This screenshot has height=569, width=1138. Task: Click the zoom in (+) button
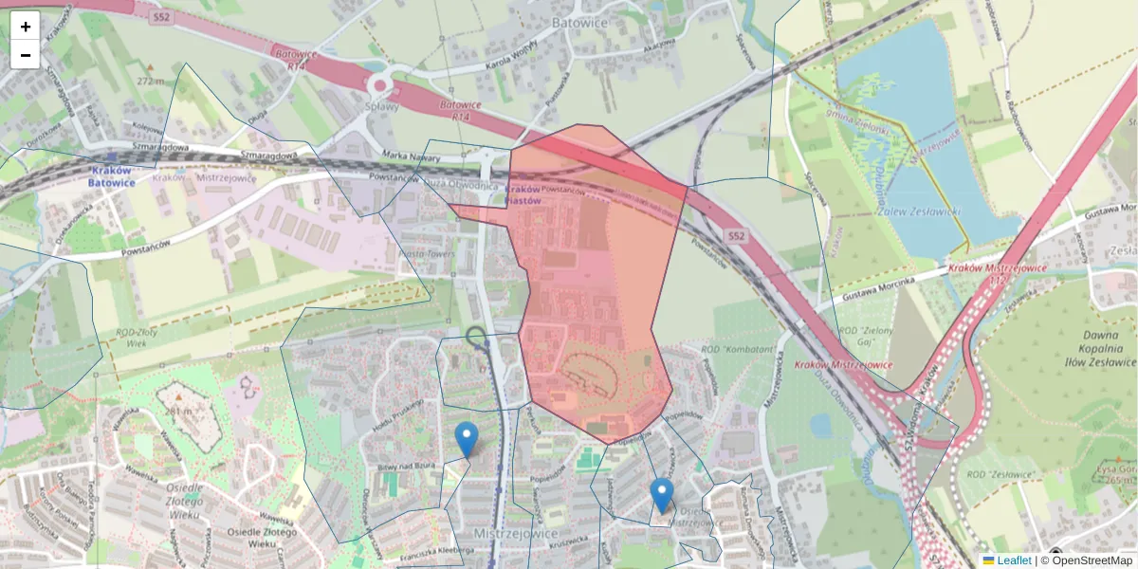point(25,26)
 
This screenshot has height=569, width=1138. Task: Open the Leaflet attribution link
point(1013,560)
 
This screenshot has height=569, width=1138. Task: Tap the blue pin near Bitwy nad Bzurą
point(467,438)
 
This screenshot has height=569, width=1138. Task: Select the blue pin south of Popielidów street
point(662,495)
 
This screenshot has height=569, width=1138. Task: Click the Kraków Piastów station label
point(523,194)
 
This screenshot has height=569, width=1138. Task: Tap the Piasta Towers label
point(427,254)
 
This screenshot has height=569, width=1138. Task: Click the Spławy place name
point(381,106)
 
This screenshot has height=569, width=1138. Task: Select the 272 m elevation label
point(150,81)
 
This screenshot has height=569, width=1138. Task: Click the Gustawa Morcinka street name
point(873,288)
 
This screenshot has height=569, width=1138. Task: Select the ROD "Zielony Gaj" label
point(866,336)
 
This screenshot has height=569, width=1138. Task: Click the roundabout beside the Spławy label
point(380,84)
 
